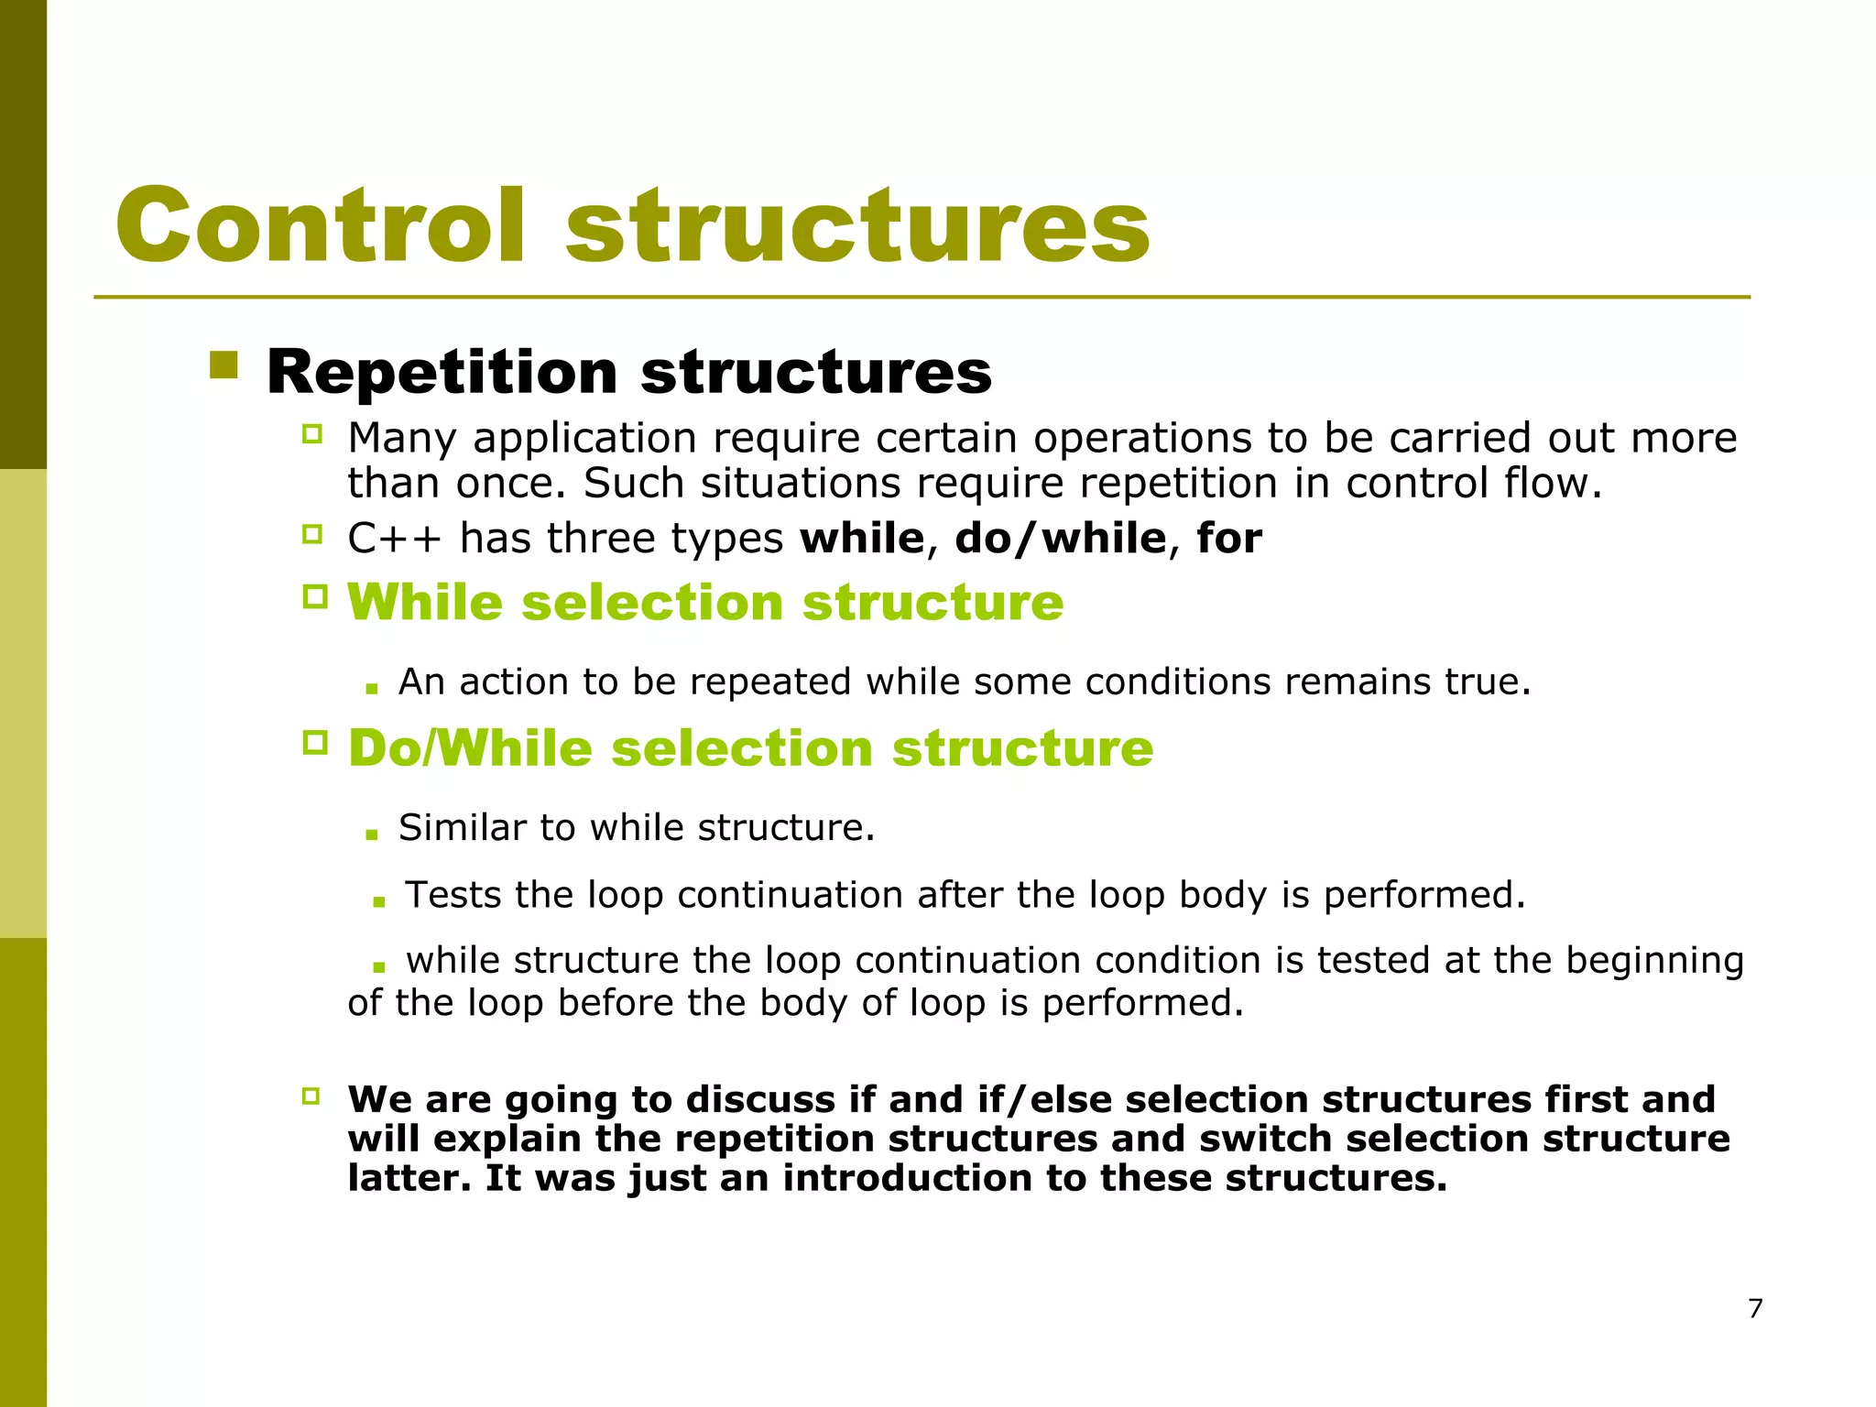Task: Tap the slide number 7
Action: pos(1755,1308)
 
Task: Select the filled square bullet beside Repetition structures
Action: pos(224,365)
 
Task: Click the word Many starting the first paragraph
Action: pos(401,439)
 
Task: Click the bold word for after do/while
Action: pos(1229,538)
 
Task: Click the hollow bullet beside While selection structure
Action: pos(314,598)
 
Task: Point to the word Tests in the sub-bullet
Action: pos(453,894)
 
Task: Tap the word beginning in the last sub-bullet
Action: pos(1654,960)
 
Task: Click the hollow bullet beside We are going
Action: pos(311,1096)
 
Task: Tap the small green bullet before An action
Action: pos(371,689)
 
